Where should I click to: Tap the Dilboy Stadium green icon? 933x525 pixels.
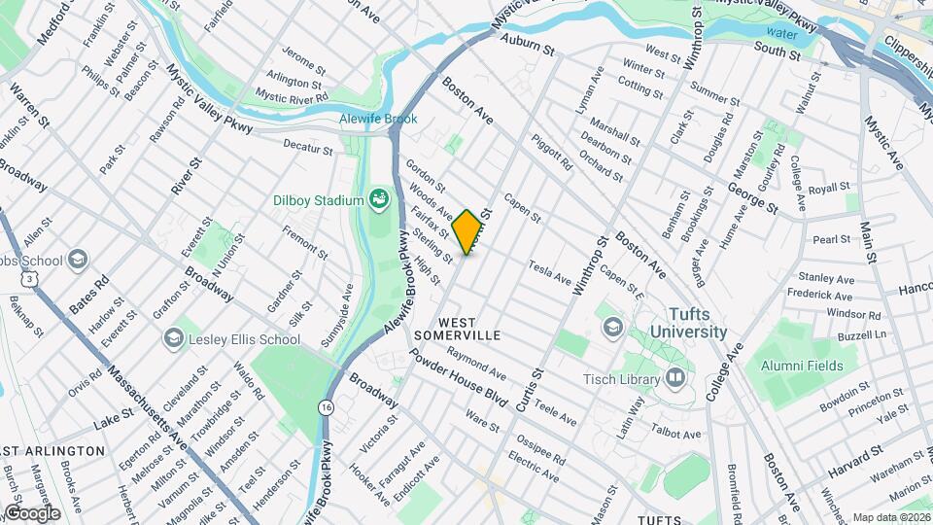click(x=379, y=201)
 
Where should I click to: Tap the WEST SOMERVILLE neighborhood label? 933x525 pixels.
click(x=469, y=327)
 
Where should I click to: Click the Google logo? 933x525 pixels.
click(x=31, y=512)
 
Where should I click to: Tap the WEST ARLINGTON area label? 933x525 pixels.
click(x=52, y=451)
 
